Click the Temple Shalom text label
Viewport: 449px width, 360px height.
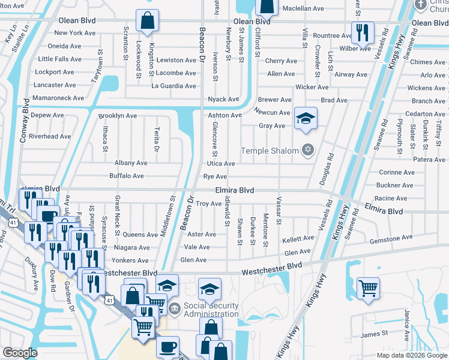point(270,151)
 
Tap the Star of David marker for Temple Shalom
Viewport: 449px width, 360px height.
point(308,150)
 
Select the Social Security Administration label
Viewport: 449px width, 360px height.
point(211,310)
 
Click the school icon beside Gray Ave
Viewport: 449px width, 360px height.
point(306,119)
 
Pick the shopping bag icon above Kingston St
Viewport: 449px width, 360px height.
point(147,21)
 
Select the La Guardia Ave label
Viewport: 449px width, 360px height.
point(174,86)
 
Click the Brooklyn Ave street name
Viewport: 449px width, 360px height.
point(117,116)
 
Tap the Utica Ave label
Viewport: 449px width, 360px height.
point(221,163)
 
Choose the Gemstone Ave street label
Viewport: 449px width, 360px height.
point(391,238)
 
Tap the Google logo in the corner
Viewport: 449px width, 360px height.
point(20,353)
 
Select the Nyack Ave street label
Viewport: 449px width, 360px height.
point(223,99)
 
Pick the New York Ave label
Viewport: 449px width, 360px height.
point(76,33)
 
